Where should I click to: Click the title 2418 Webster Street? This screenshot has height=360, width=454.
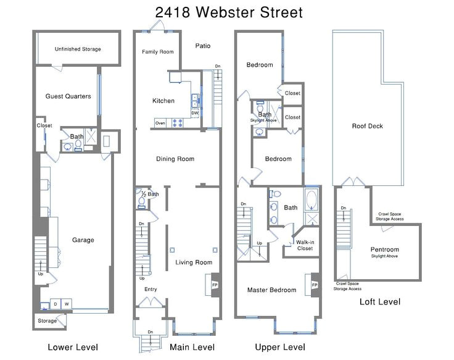229,12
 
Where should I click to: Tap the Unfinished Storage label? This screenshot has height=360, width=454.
78,49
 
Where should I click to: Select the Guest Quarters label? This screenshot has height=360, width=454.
68,96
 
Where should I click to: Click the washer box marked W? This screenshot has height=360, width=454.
67,304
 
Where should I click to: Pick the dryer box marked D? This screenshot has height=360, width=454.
56,304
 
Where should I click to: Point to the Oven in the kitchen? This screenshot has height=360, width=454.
160,123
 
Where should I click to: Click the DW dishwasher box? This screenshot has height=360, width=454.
195,113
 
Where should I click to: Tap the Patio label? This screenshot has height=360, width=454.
203,46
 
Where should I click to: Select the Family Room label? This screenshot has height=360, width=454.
158,52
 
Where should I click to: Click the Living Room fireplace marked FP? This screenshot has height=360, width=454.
215,285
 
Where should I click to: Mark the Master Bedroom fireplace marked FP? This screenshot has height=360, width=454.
315,285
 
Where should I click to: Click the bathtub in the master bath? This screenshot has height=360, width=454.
312,199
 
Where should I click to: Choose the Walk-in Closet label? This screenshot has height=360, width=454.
305,245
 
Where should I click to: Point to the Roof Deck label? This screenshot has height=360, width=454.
368,126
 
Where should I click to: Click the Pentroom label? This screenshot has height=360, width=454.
384,249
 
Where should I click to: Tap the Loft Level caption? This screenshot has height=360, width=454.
380,302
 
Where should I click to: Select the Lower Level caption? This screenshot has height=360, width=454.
73,347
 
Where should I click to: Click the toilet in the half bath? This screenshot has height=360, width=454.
142,200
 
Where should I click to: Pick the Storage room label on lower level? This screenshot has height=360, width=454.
47,321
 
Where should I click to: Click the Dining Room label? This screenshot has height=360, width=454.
175,159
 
